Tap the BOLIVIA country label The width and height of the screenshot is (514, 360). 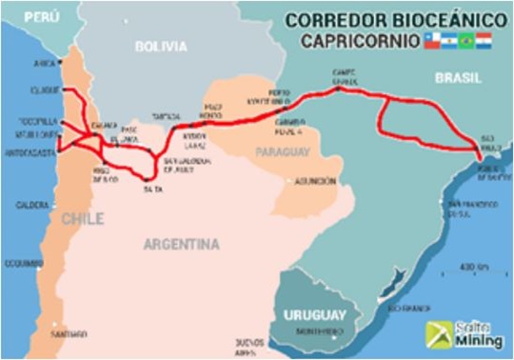[x=161, y=46]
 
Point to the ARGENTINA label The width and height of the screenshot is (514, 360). [x=181, y=245]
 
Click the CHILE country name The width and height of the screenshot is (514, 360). [x=83, y=219]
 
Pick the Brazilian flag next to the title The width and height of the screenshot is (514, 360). [x=465, y=40]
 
